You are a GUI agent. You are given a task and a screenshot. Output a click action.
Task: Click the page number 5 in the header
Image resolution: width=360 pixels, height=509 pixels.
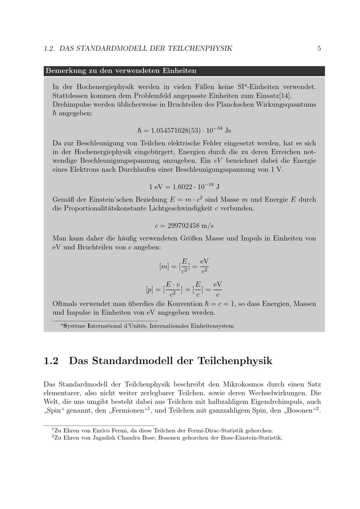click(x=319, y=48)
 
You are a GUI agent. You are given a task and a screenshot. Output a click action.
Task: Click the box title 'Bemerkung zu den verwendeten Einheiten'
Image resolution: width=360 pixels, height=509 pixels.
click(x=121, y=71)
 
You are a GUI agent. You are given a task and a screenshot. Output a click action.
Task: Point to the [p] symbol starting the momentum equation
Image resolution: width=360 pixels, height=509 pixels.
click(x=150, y=289)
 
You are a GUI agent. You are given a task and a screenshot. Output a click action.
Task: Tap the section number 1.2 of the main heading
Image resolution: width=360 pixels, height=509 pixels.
click(x=51, y=361)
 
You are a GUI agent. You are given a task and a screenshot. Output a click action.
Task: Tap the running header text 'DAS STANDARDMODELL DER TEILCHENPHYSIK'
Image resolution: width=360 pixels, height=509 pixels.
click(x=146, y=48)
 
